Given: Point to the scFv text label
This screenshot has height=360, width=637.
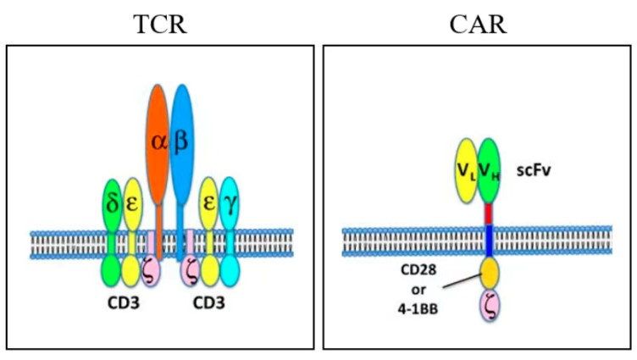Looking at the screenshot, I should coord(535,170).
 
